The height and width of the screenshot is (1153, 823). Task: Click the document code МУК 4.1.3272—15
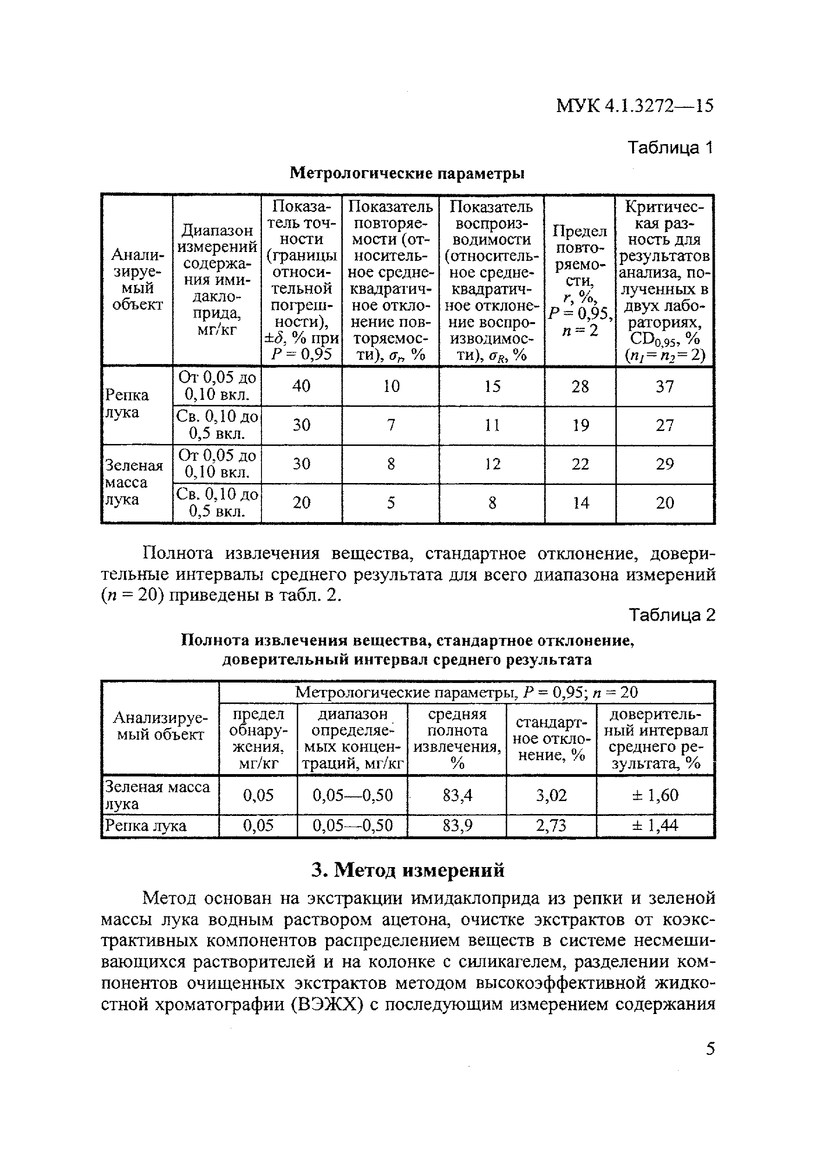634,106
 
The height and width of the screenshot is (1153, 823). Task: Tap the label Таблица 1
670,148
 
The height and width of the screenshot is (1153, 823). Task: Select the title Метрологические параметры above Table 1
407,173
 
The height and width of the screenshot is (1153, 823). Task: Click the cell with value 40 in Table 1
301,386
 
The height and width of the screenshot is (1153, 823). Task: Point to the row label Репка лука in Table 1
127,403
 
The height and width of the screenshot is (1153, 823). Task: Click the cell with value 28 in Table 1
580,386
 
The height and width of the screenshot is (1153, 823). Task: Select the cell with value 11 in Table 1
491,425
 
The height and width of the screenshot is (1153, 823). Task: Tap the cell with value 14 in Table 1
580,503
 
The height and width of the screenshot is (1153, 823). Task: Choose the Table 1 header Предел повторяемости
580,280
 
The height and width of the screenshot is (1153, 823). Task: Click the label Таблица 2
672,615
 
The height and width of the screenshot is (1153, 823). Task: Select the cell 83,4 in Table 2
457,795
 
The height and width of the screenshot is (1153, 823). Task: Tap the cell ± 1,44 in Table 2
655,825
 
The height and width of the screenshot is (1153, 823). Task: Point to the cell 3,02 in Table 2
551,795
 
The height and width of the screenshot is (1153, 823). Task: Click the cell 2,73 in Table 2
551,825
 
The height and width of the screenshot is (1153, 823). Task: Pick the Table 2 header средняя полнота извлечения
457,739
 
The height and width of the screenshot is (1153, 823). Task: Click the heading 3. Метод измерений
408,870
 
